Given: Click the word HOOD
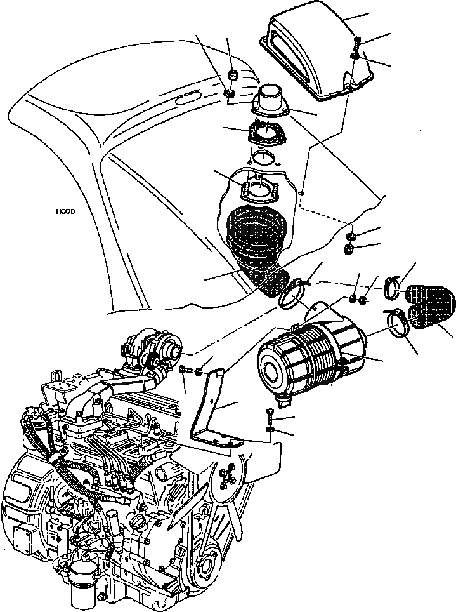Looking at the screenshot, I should pyautogui.click(x=65, y=211).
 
